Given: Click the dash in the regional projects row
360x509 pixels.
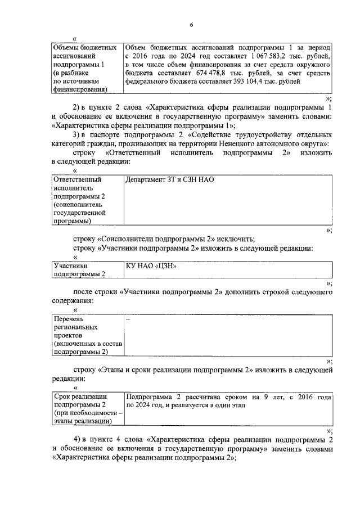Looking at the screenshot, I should pyautogui.click(x=128, y=319).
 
